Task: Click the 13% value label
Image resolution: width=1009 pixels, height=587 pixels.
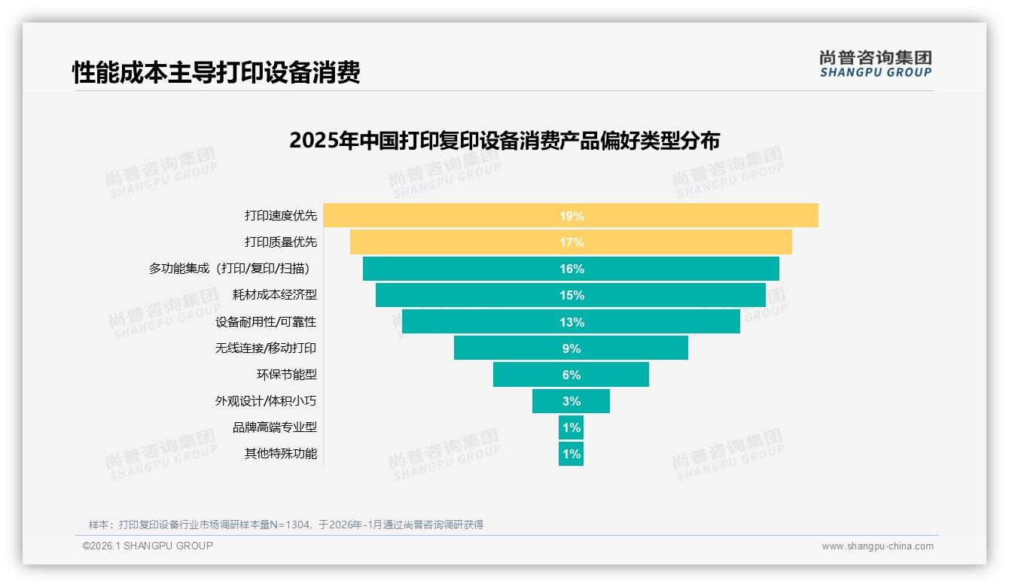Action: point(572,322)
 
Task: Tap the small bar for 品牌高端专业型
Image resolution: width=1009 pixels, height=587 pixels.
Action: point(571,427)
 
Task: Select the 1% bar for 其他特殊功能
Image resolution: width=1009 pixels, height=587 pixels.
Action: point(571,454)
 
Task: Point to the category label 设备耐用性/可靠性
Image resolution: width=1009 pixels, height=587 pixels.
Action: point(266,321)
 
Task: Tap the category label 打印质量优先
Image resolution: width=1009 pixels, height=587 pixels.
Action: point(281,242)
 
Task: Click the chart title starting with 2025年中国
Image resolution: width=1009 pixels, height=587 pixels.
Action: point(504,141)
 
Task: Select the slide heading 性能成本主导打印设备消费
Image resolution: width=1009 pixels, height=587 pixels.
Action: point(216,72)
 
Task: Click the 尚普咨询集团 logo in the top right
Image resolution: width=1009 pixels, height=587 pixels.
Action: point(875,64)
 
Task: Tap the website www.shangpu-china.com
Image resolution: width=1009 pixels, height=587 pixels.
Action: point(877,546)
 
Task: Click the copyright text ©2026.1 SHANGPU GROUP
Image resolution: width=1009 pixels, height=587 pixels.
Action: point(148,546)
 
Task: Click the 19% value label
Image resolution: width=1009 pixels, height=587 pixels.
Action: point(572,216)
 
